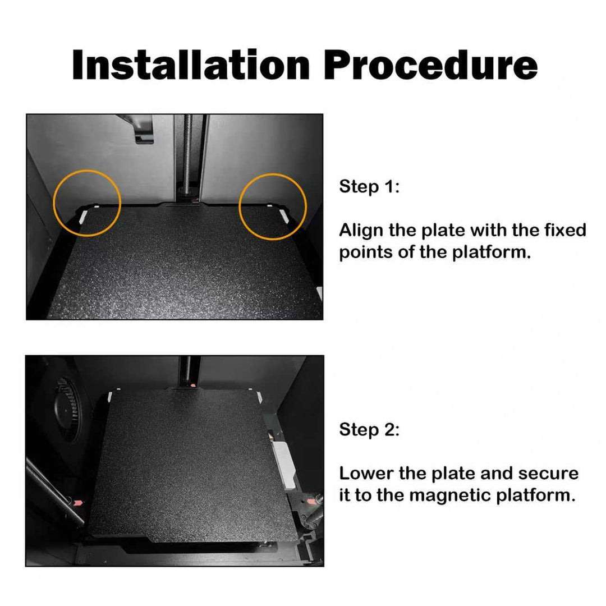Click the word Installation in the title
[191, 65]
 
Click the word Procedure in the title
[431, 65]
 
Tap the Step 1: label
[369, 187]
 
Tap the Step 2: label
[369, 430]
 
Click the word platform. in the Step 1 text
[492, 252]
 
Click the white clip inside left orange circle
[83, 217]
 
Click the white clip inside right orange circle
[284, 215]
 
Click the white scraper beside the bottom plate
[284, 466]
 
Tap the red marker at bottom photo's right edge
[310, 501]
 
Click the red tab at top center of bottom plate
[193, 385]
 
